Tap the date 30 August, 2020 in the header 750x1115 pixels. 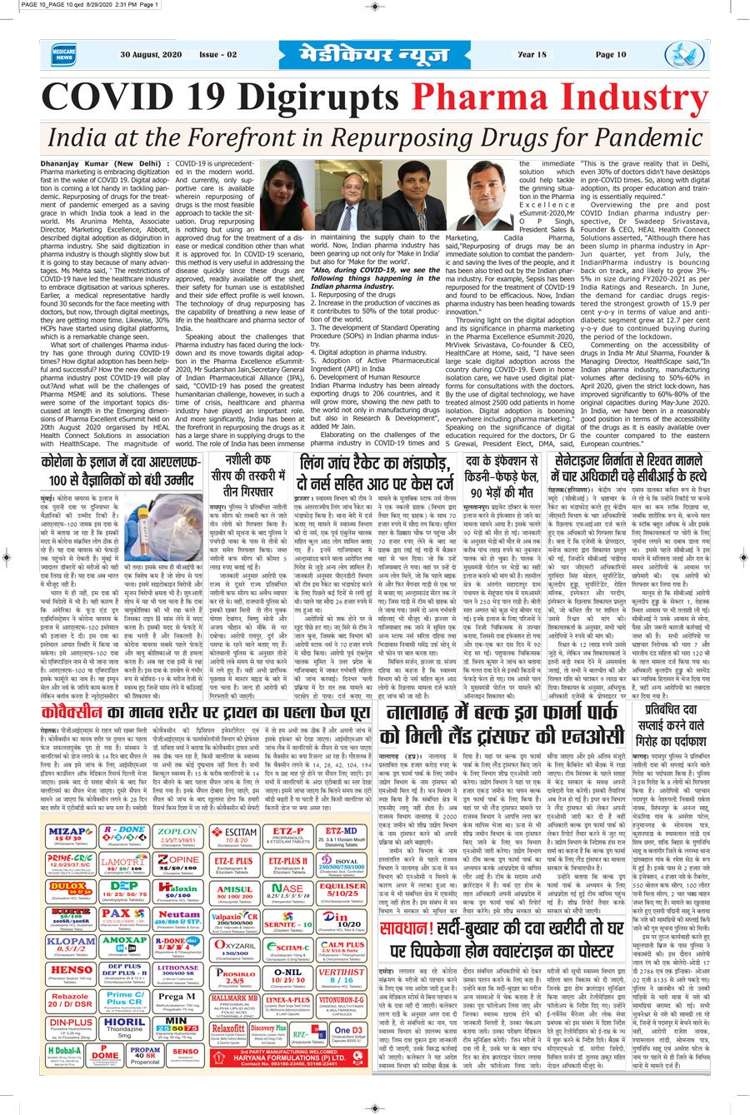tap(151, 55)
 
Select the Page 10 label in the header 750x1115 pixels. tap(611, 55)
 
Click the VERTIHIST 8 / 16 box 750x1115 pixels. tap(342, 975)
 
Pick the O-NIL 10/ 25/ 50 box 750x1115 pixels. tap(288, 975)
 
